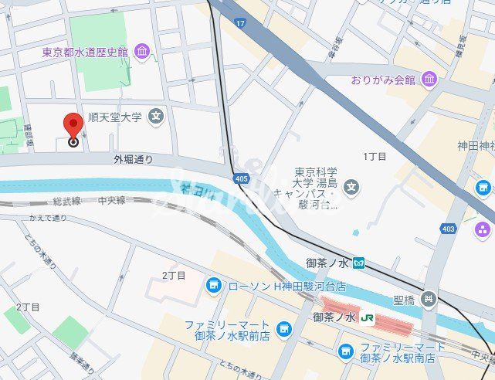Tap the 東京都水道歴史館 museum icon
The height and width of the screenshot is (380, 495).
tap(142, 52)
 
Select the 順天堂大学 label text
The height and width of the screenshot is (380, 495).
tap(115, 117)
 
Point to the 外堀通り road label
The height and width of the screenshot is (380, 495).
tap(133, 160)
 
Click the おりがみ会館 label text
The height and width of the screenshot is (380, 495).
tap(382, 80)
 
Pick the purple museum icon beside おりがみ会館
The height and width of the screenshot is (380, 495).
tap(429, 79)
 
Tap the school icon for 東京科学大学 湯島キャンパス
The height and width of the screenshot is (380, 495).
tap(351, 186)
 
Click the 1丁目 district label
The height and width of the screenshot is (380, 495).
tap(375, 157)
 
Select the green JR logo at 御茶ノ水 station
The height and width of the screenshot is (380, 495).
tap(368, 317)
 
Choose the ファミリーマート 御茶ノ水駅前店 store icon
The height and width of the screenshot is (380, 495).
tap(283, 330)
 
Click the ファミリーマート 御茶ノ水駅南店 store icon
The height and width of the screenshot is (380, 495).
tap(346, 352)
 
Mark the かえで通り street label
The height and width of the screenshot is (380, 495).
tap(48, 219)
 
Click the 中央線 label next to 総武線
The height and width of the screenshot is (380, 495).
tap(112, 201)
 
